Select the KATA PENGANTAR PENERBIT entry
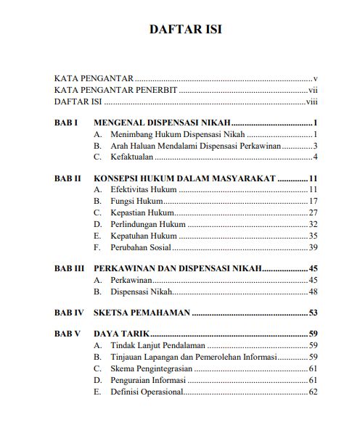click(116, 90)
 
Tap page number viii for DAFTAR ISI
click(313, 102)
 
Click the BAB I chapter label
click(66, 123)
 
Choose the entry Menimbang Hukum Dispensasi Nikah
click(177, 135)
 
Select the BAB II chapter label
click(67, 178)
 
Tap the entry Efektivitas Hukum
click(143, 190)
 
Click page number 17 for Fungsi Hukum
click(314, 201)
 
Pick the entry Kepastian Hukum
click(142, 213)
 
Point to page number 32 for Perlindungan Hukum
click(314, 224)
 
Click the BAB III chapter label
click(70, 268)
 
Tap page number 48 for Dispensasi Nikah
click(314, 292)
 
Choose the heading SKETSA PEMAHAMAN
click(142, 313)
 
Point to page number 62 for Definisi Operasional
click(314, 392)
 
